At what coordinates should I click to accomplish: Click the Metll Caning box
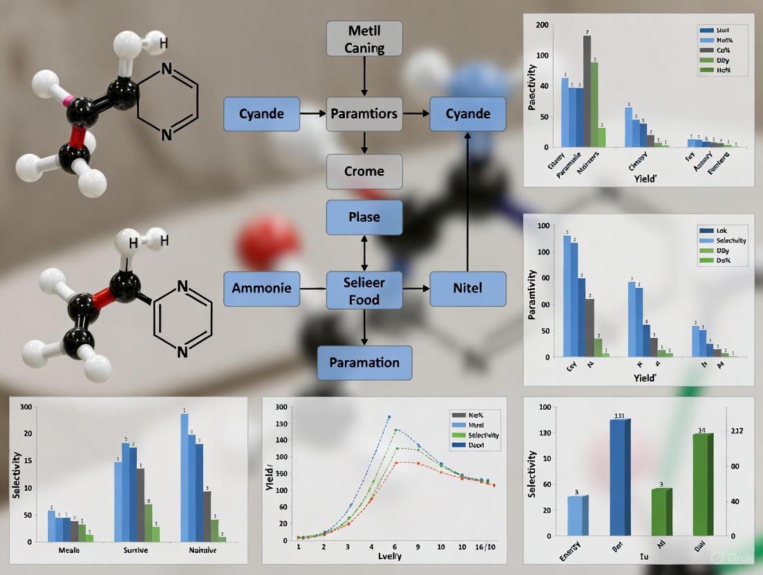364,39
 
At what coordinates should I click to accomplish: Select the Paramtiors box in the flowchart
364,114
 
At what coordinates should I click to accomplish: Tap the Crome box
364,171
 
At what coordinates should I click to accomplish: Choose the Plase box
364,217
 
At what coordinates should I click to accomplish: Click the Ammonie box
262,289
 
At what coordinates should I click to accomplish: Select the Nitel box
468,289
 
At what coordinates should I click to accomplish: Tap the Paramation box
364,363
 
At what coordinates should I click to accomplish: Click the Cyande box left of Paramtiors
262,114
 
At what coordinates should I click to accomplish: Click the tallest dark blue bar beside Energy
620,477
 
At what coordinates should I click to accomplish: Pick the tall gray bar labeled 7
587,90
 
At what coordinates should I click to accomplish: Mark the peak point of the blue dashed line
389,417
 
